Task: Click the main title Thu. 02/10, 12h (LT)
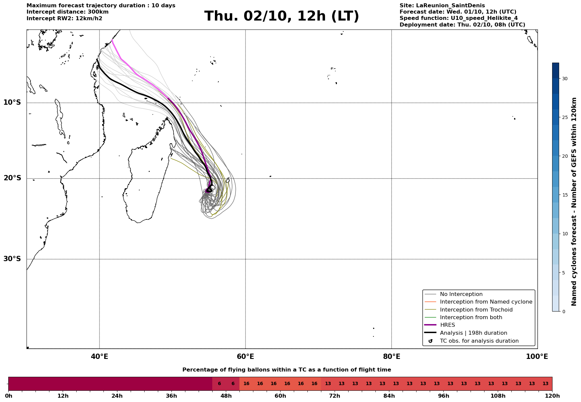coord(282,16)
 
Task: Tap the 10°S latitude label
coord(12,102)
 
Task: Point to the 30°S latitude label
coord(12,259)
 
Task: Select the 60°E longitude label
coord(245,357)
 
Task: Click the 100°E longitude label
coord(537,357)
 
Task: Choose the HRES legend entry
coord(447,325)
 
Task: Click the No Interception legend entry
coord(461,294)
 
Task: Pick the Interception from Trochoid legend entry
coord(476,310)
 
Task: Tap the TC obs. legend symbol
coord(430,341)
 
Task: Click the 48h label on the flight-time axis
coord(226,396)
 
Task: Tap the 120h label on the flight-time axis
coord(552,396)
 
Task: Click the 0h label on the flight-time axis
coord(9,396)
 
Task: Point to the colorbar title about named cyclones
coord(574,201)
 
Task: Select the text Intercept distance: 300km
coord(68,12)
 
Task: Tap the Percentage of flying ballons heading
coord(287,370)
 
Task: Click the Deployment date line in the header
coord(462,25)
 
